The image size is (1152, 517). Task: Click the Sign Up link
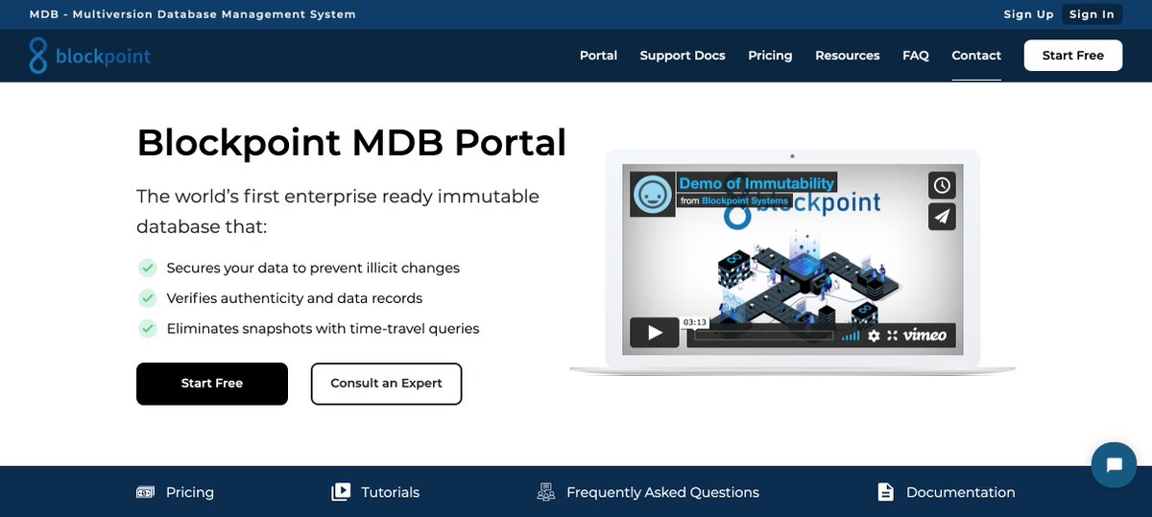coord(1028,14)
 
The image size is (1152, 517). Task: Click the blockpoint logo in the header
coord(90,56)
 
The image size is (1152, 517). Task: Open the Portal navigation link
coord(598,56)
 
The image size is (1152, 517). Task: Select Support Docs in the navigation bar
coord(683,56)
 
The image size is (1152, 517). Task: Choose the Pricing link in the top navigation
coord(770,56)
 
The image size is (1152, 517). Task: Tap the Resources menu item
coord(847,56)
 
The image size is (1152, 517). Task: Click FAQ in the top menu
coord(916,56)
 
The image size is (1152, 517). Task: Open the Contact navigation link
coord(976,56)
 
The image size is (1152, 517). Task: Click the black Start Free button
coord(212,384)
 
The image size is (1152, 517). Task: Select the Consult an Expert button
coord(386,384)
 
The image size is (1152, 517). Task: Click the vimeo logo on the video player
coord(924,335)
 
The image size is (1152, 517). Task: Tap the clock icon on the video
coord(942,185)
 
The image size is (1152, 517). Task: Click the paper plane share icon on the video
coord(942,217)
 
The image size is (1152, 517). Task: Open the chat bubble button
coord(1114,465)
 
